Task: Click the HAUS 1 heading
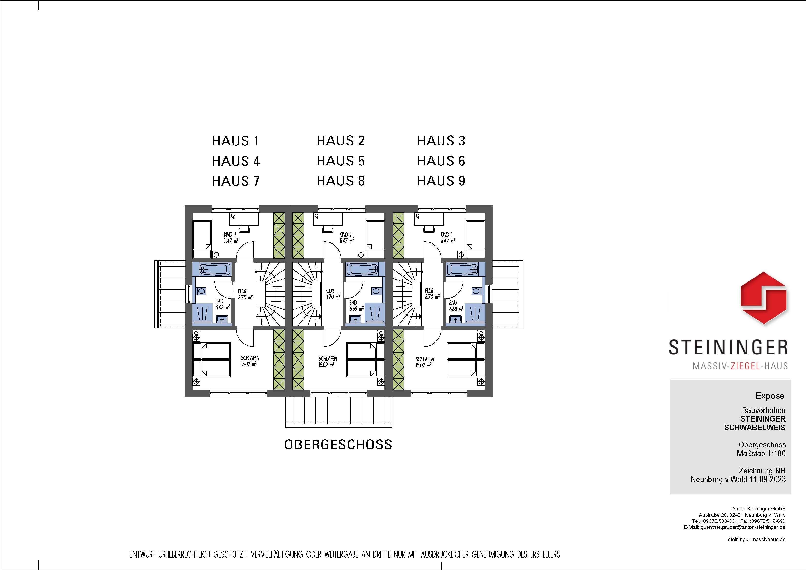[x=236, y=141]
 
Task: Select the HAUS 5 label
[x=341, y=161]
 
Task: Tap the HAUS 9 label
[x=441, y=181]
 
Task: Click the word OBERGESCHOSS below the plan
[x=338, y=445]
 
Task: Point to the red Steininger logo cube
[x=764, y=303]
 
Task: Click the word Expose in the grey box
[x=770, y=396]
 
